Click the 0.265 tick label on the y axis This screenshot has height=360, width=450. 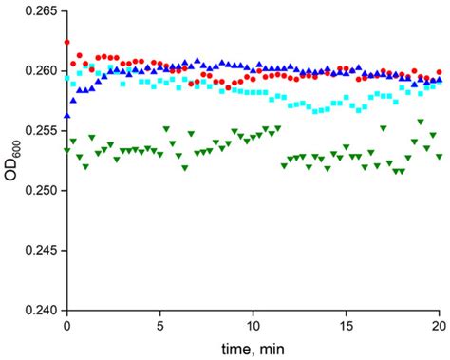(39, 11)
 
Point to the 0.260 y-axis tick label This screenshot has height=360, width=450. (39, 71)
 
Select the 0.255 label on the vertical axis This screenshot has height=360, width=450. (39, 131)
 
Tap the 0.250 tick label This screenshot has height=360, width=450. (39, 191)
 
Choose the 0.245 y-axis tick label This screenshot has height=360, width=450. (39, 251)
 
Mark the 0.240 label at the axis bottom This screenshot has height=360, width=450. (39, 311)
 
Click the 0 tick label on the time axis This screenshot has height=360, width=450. (66, 325)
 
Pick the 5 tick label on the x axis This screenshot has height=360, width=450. (159, 325)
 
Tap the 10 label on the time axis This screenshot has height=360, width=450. (253, 325)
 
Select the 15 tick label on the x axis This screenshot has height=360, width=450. (346, 325)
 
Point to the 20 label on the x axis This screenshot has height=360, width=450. (438, 325)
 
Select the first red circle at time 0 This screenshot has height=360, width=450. (66, 43)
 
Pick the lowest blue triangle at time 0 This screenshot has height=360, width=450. (66, 115)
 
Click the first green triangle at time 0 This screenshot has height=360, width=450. (66, 150)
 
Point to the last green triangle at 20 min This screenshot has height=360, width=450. (438, 156)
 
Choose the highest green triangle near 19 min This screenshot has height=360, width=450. (421, 122)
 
